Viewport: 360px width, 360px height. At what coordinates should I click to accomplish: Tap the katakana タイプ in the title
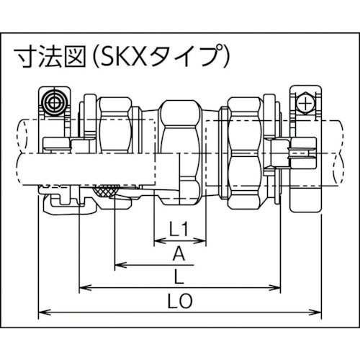point(189,55)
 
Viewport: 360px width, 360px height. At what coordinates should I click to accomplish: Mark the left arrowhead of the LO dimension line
point(42,312)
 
